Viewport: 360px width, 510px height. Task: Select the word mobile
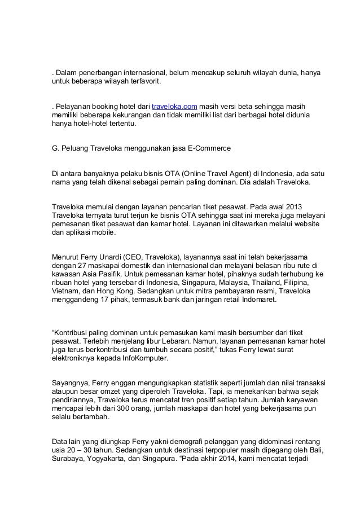(x=103, y=232)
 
